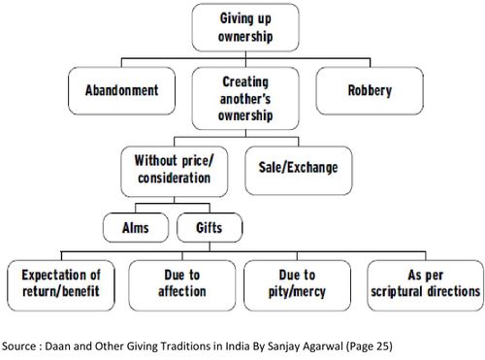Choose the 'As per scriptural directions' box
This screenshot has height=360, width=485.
click(424, 282)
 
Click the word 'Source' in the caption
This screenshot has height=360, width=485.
click(20, 342)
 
